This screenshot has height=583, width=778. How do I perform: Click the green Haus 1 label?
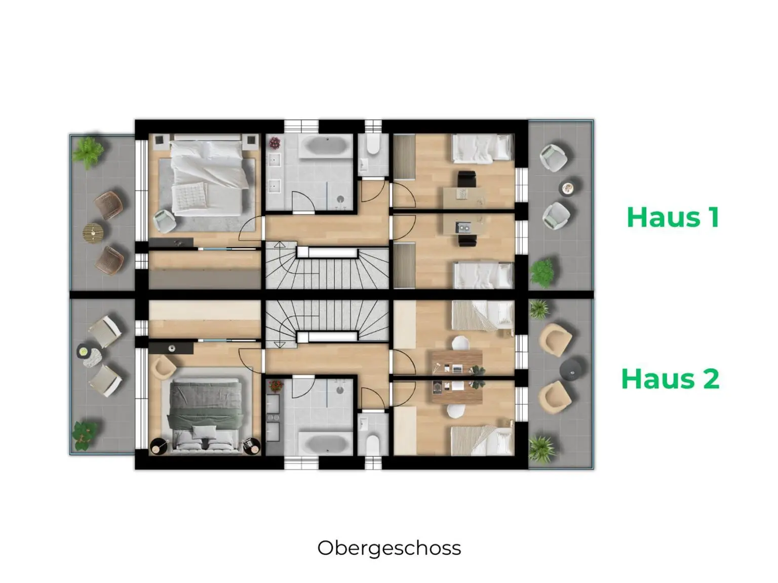point(673,217)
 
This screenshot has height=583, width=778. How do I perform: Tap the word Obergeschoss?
point(389,548)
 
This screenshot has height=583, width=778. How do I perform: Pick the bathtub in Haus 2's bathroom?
point(325,443)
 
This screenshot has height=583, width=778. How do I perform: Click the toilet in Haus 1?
point(373,144)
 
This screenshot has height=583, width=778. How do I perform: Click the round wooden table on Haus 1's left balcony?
point(93,233)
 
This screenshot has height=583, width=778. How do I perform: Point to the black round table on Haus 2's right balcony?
point(572,368)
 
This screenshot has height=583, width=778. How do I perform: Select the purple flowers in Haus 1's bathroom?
point(275,143)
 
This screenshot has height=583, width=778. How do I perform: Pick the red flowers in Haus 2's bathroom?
point(275,386)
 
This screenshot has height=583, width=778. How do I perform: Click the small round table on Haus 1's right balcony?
point(568,188)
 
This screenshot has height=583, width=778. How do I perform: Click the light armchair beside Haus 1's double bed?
point(164,221)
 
